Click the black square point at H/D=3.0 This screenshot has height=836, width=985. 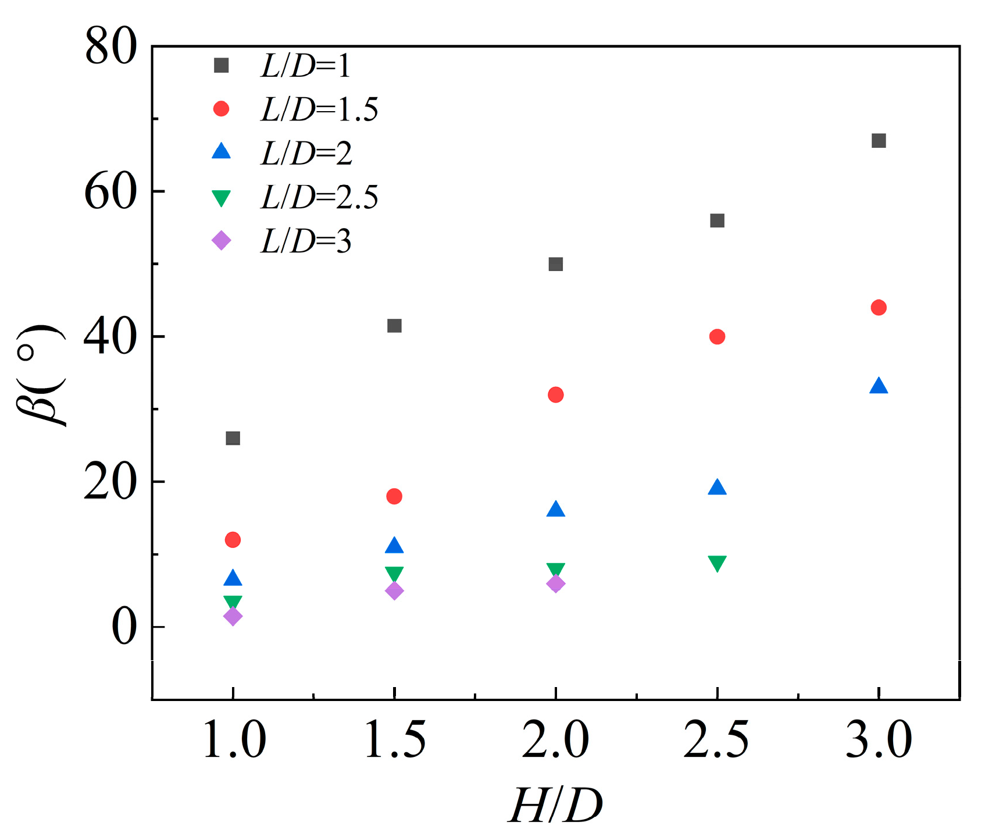coord(879,141)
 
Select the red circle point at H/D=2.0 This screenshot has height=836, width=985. coord(555,395)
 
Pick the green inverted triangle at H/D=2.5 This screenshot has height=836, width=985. coord(717,563)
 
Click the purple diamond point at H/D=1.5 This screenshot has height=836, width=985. coord(394,591)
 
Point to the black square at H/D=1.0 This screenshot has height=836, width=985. coord(233,438)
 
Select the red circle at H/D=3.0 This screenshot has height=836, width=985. coord(879,308)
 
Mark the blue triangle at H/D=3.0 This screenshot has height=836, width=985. coord(879,386)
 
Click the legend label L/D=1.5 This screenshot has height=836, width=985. coord(319,109)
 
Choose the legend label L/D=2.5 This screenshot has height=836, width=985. coord(319,197)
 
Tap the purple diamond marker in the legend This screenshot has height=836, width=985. coord(221,240)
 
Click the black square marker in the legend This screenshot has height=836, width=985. coord(221,65)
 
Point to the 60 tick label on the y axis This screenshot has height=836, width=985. coord(110,192)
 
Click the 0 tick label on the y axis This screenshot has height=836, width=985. coord(124,627)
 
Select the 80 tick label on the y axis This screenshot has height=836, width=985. coord(110,47)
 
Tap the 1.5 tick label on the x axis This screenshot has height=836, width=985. coord(394,740)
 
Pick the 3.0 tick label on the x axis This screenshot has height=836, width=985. coord(879,740)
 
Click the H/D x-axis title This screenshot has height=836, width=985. coord(555,806)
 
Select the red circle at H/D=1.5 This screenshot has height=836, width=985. coord(394,496)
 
